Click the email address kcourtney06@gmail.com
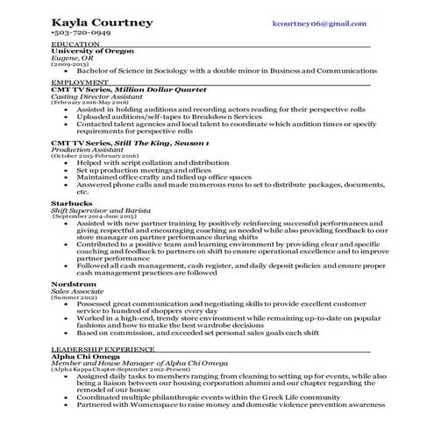coord(318,24)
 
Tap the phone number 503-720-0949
coord(82,33)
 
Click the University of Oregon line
coord(89,52)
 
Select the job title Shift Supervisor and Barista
coord(101,208)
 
